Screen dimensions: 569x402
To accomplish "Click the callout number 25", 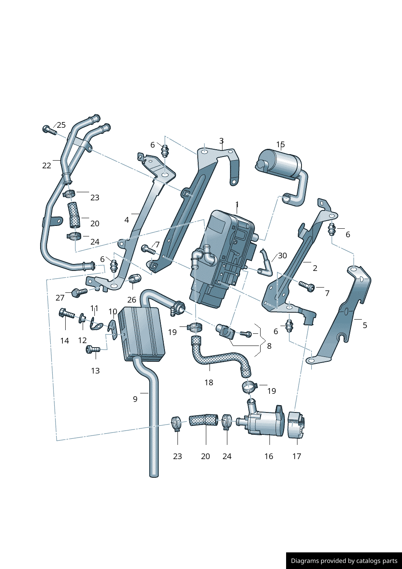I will [x=61, y=125].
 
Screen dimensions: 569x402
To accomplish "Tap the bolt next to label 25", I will [x=49, y=130].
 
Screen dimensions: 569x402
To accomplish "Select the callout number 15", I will [x=280, y=144].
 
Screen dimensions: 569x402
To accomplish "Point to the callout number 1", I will [x=237, y=204].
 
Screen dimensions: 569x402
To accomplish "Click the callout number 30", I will [x=282, y=256].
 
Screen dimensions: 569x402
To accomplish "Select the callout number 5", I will [x=365, y=325].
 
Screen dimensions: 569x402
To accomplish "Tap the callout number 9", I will [x=135, y=399].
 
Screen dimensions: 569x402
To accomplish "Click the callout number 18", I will [x=209, y=382].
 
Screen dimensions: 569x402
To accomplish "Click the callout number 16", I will [x=269, y=456].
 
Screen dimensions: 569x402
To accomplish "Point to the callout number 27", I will [x=60, y=298].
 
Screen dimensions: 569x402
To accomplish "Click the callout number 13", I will [x=95, y=371].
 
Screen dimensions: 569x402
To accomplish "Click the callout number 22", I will [x=47, y=165].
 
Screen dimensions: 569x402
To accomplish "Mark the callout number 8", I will [x=269, y=346].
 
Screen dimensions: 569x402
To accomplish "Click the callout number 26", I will [x=132, y=300].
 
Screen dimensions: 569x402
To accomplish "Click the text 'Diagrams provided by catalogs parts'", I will [x=344, y=561].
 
